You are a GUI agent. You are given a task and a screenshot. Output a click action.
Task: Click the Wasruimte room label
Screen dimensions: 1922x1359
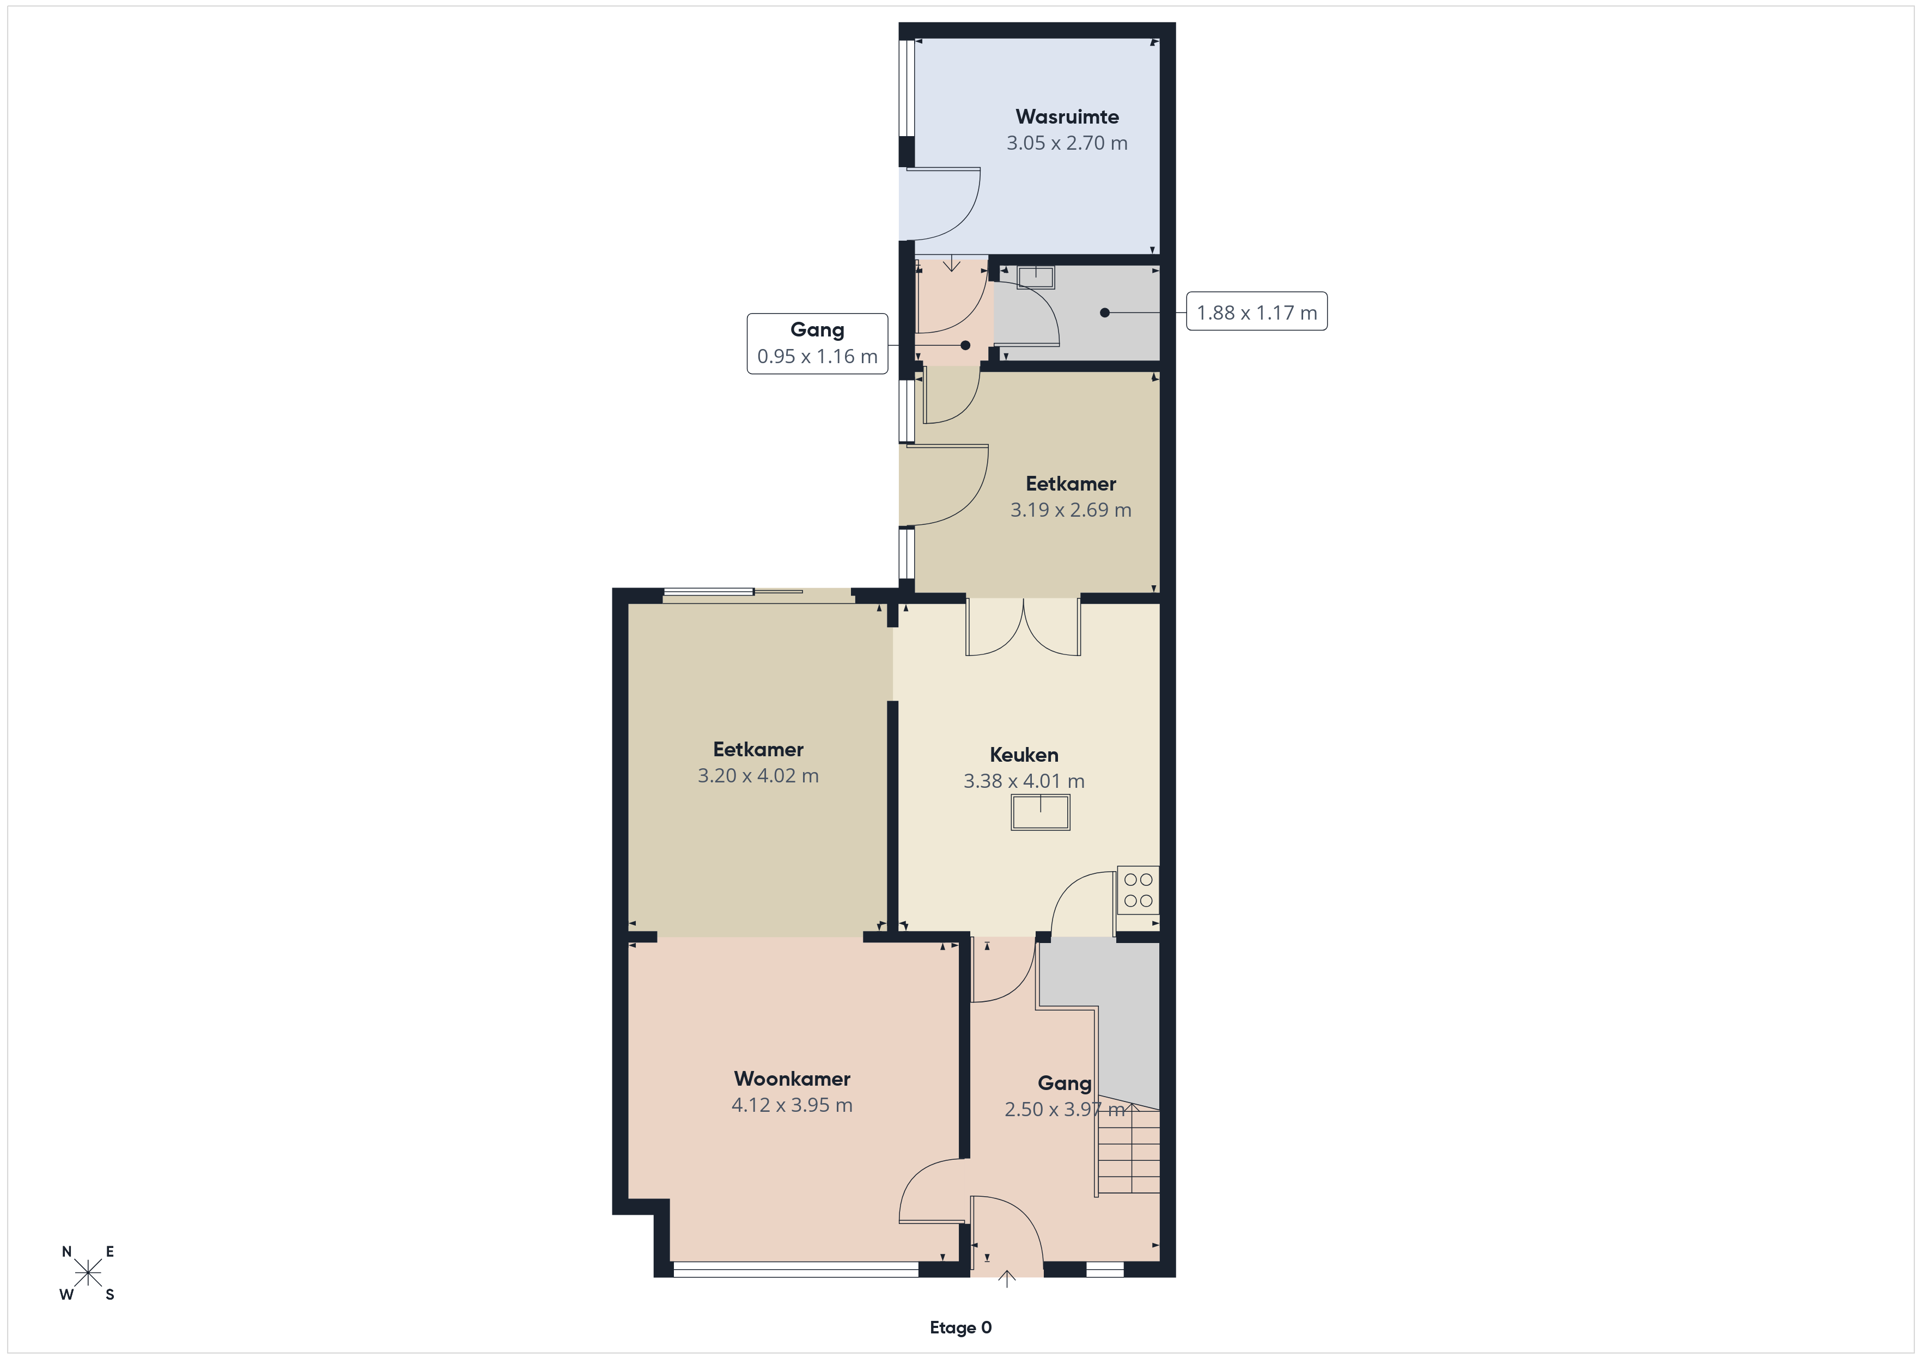(1067, 117)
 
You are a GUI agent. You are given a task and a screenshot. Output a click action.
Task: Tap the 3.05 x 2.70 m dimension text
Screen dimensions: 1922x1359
(1067, 143)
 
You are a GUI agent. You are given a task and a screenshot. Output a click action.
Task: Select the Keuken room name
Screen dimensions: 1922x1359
(1024, 755)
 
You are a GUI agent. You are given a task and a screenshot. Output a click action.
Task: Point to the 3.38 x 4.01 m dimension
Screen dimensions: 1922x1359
(1024, 781)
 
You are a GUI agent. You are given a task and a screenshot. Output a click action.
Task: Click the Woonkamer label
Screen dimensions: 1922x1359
(792, 1079)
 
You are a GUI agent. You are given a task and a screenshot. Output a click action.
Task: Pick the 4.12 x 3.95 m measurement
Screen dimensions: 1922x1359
(792, 1105)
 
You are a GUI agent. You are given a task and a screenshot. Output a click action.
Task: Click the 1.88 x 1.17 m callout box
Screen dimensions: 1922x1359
(1256, 311)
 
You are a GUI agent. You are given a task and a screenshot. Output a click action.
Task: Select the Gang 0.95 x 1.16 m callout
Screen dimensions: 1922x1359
(817, 343)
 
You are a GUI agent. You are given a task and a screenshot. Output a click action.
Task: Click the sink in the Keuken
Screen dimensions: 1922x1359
(1041, 812)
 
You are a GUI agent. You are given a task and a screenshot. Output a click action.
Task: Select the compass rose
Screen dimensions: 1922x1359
(88, 1274)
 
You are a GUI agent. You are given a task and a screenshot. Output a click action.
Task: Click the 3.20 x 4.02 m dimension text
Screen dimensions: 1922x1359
(758, 776)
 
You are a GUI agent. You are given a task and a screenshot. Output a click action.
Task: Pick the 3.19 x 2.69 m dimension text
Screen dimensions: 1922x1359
(1071, 510)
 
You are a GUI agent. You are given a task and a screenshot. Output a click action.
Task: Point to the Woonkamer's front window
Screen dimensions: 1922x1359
(796, 1270)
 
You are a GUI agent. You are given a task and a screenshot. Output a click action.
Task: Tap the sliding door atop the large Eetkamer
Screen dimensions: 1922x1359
(758, 595)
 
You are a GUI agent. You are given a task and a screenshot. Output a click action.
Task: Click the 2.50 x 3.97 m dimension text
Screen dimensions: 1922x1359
(1065, 1110)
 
